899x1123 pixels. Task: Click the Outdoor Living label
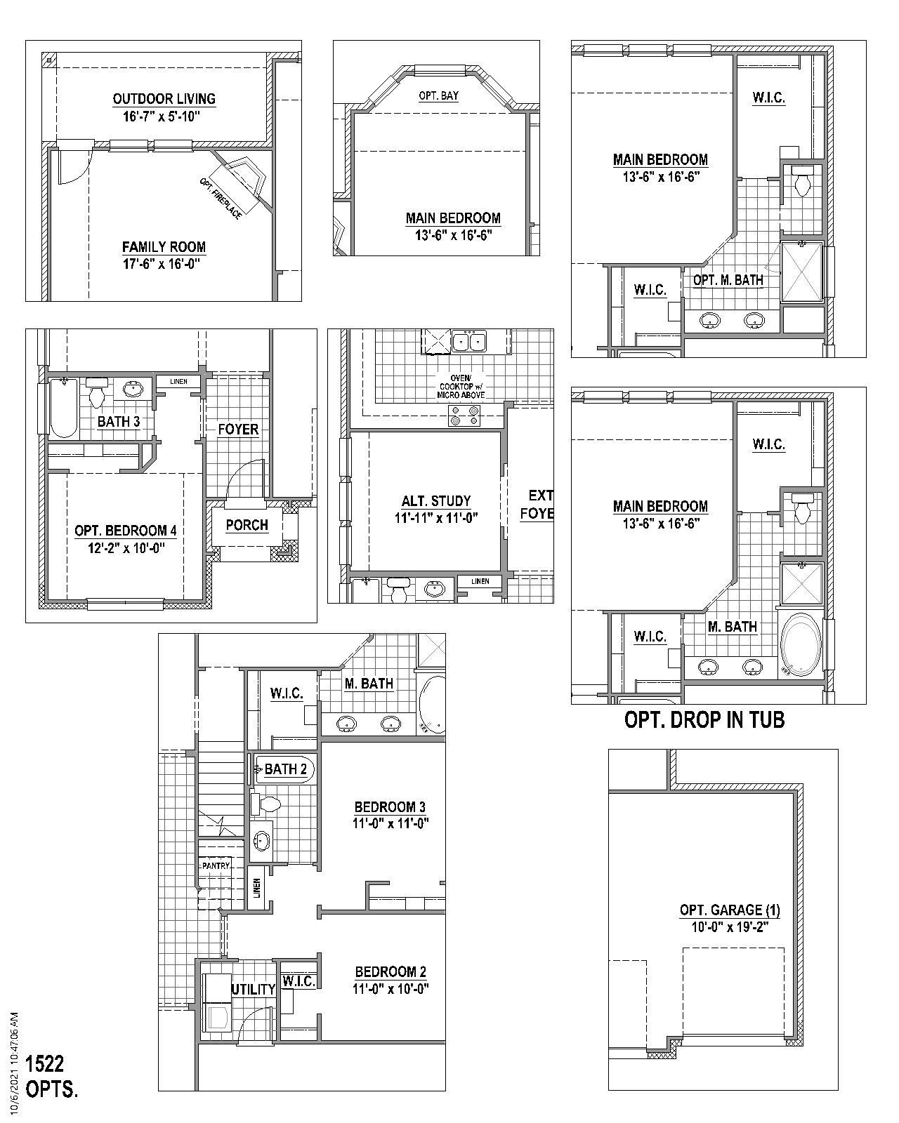164,99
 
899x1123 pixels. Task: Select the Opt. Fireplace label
221,199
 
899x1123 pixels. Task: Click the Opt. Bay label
438,95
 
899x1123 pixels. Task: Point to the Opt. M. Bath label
728,280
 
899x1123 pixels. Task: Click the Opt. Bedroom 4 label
121,531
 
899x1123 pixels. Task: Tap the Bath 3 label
119,422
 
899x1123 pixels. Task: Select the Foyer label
238,430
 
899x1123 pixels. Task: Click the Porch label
247,525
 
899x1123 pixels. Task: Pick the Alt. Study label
435,501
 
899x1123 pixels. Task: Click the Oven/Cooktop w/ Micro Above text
462,387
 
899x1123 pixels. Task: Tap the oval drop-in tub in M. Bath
800,644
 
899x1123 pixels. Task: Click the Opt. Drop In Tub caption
704,719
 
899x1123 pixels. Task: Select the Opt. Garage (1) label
729,910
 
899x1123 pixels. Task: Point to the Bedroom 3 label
390,807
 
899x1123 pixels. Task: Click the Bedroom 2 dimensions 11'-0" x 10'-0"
391,988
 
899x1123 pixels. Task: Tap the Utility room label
253,990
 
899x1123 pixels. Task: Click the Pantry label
216,866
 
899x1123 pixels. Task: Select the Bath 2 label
285,769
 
